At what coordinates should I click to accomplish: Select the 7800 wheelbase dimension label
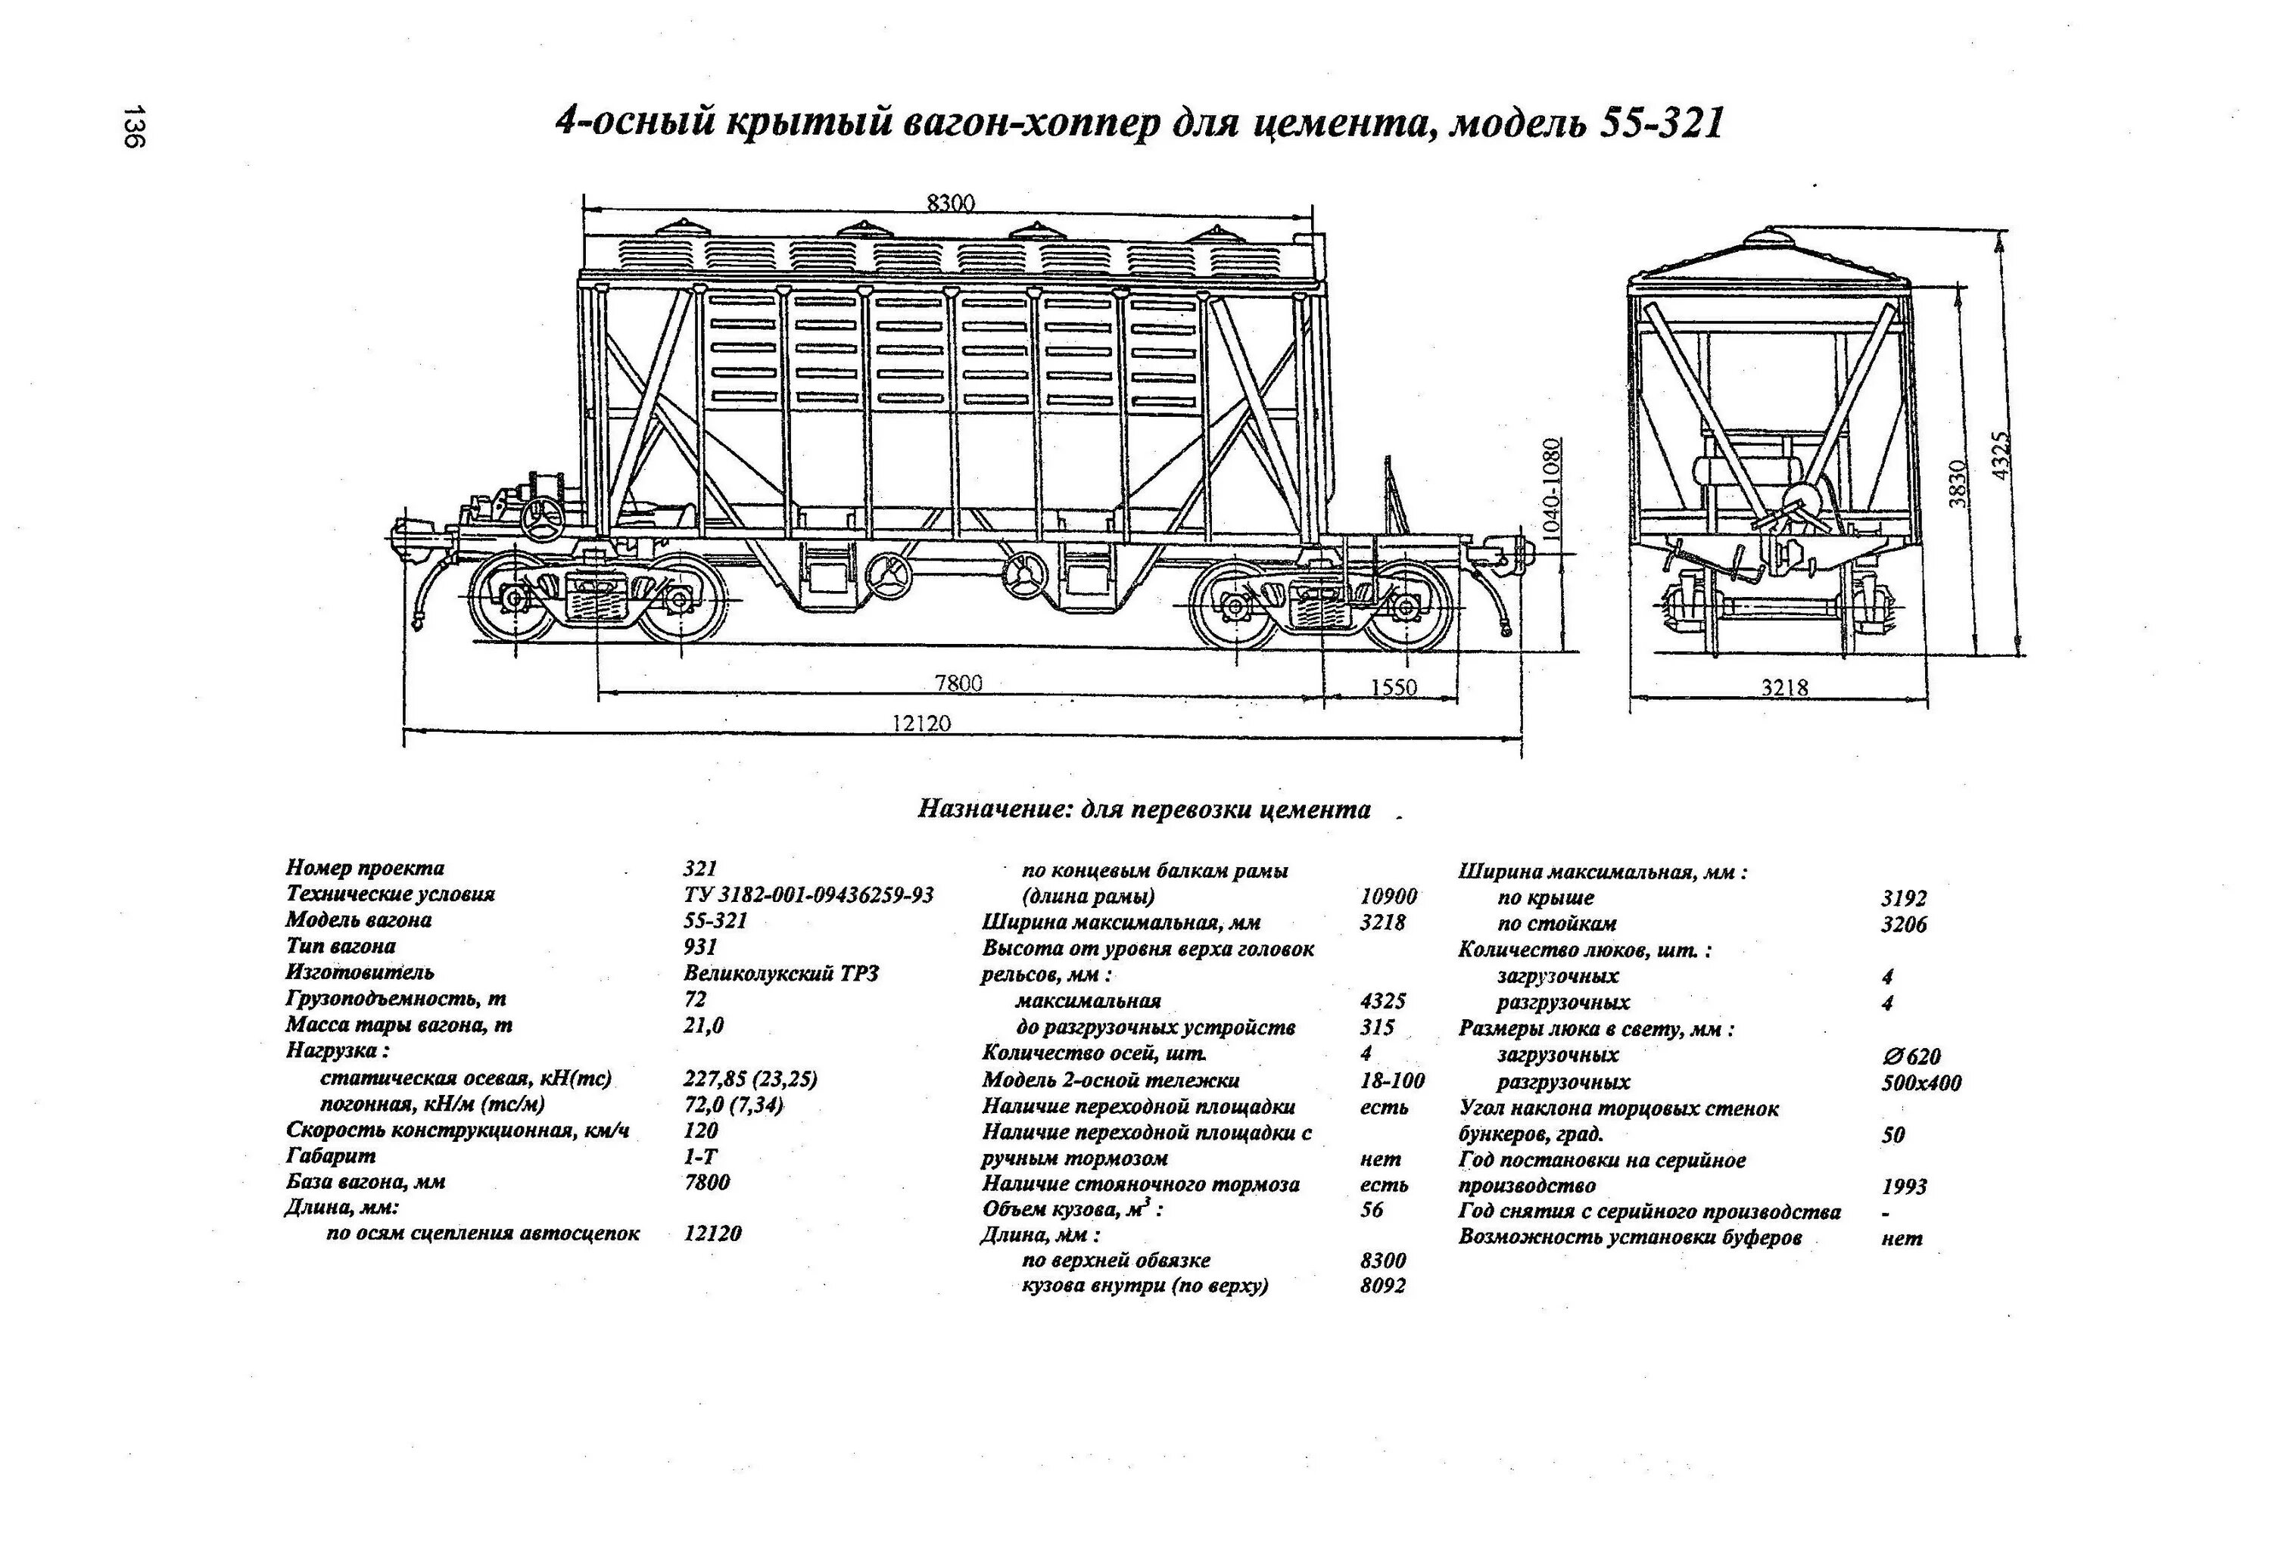[x=958, y=683]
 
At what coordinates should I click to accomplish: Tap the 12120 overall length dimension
[x=921, y=723]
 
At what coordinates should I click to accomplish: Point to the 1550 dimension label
[x=1393, y=688]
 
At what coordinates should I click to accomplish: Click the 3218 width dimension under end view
[x=1784, y=688]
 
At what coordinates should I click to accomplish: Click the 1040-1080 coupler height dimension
[x=1553, y=488]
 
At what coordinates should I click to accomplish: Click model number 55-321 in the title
[x=1661, y=124]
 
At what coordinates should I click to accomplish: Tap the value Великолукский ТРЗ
[x=780, y=974]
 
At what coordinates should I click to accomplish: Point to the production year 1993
[x=1904, y=1186]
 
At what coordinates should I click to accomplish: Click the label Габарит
[x=330, y=1156]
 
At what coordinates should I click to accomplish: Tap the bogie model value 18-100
[x=1391, y=1081]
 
